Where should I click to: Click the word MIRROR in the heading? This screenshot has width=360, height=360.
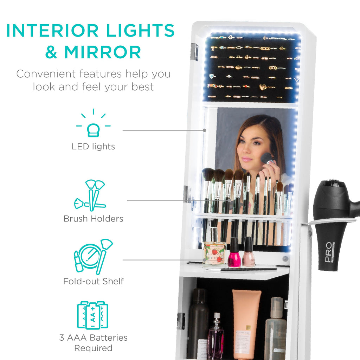point(103,52)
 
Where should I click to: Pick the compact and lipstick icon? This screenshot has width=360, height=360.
point(92,257)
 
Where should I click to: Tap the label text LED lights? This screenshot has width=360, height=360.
point(93,147)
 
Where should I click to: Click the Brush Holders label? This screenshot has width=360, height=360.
point(93,219)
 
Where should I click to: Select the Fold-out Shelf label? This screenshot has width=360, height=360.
point(93,281)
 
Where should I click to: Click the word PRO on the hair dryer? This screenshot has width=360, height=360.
point(328,252)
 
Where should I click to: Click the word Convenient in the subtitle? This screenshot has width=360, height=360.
point(46,74)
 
